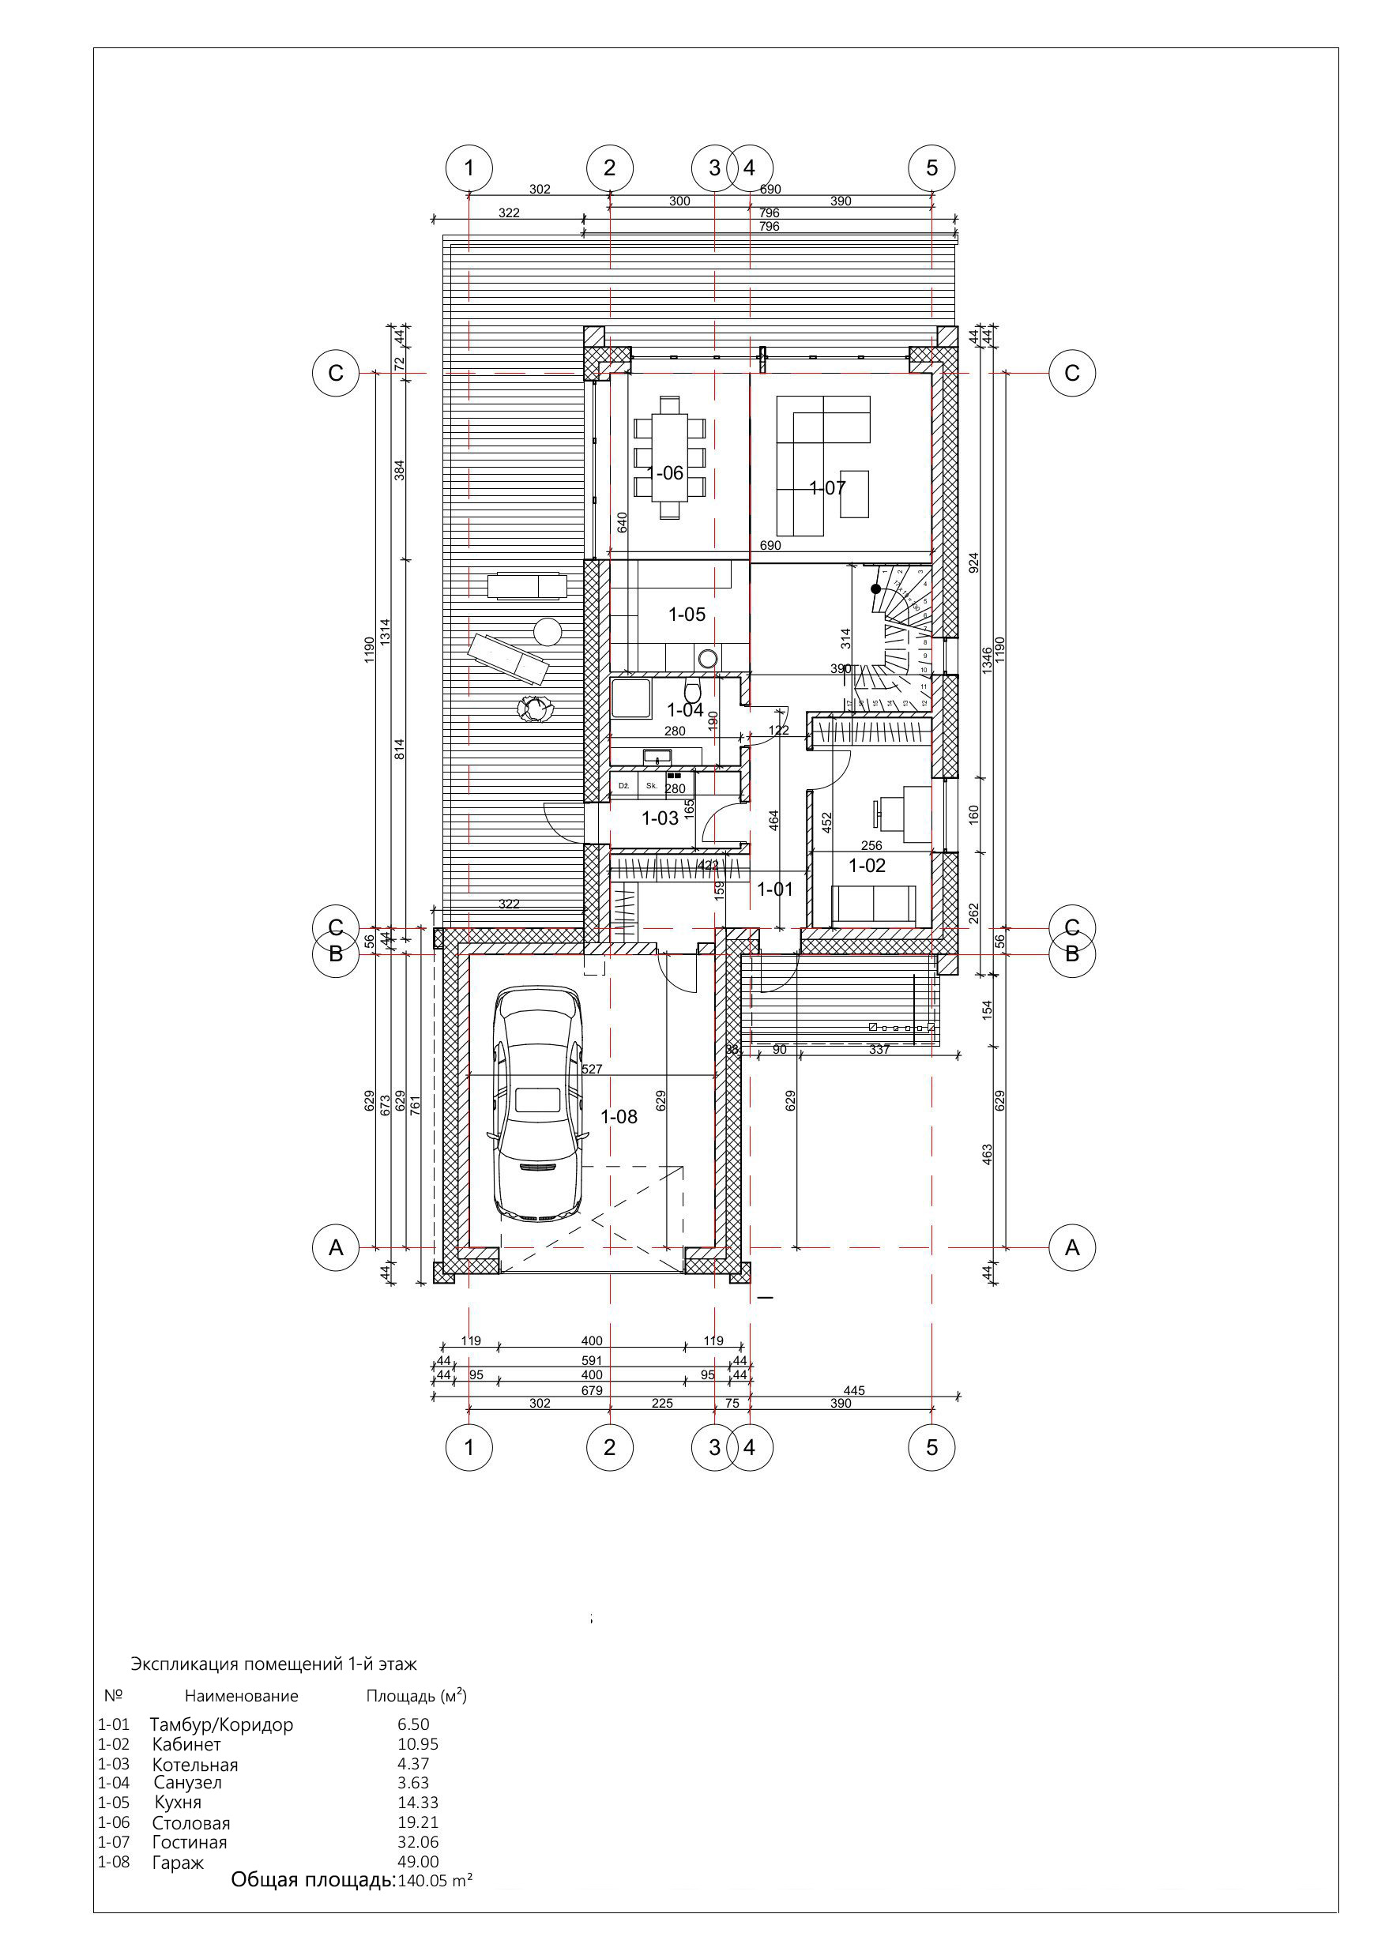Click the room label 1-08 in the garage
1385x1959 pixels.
pos(619,1116)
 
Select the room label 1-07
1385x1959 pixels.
pos(827,488)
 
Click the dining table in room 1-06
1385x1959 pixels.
pos(670,457)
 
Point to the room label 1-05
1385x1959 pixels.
pos(686,615)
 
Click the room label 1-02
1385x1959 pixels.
pos(866,865)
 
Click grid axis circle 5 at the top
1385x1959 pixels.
pos(931,167)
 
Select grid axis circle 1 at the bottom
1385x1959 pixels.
pos(469,1447)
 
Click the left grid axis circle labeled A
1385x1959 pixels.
pos(335,1247)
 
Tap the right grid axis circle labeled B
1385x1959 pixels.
pos(1072,954)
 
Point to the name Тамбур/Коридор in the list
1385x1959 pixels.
pos(222,1724)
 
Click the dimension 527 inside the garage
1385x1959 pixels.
pos(592,1068)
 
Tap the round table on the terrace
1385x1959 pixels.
pos(547,632)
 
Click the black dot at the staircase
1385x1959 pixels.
pos(875,588)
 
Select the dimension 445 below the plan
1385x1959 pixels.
pos(853,1390)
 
